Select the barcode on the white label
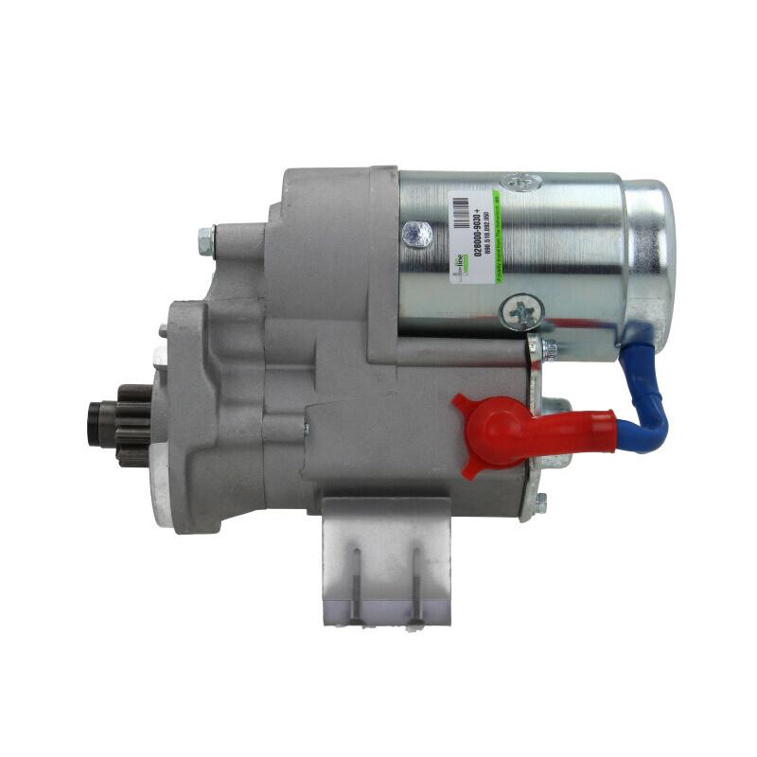(459, 213)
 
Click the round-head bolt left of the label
(416, 233)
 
